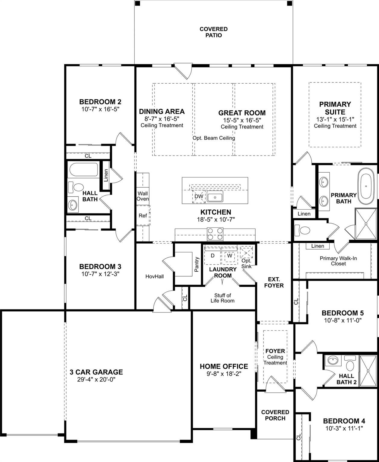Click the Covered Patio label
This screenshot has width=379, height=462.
(x=213, y=32)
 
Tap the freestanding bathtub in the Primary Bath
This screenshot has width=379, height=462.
(x=366, y=186)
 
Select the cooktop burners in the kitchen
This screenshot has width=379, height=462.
(x=215, y=234)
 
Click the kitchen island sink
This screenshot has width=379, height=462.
(x=215, y=196)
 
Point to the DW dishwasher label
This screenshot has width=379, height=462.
(x=199, y=196)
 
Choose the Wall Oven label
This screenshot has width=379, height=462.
(x=143, y=196)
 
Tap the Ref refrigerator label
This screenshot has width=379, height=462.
(x=143, y=216)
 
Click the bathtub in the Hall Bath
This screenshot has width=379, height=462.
(x=83, y=170)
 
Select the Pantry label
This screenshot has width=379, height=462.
(x=197, y=264)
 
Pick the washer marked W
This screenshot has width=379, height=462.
(x=229, y=256)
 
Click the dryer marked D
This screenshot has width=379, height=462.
(x=213, y=256)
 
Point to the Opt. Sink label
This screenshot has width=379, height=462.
(x=246, y=263)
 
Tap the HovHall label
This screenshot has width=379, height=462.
(x=154, y=276)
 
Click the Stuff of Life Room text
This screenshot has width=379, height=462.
(x=222, y=298)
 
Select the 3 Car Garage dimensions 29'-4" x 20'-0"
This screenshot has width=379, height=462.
(x=96, y=379)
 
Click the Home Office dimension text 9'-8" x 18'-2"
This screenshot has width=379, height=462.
(x=224, y=374)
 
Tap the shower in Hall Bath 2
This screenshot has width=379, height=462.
(x=368, y=371)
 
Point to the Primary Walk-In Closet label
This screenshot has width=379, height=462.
(x=338, y=261)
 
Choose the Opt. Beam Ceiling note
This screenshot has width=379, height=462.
(x=214, y=138)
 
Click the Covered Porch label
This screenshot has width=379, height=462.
(x=275, y=415)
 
